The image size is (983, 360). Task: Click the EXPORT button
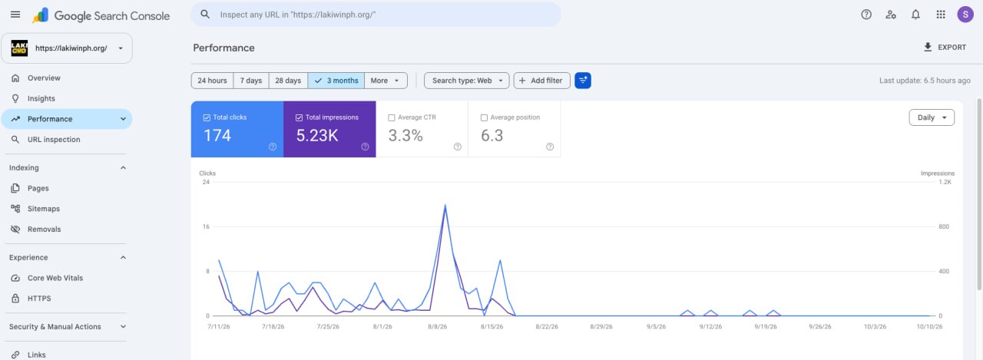point(945,48)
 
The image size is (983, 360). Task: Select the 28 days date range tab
point(288,81)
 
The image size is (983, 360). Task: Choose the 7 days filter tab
point(250,81)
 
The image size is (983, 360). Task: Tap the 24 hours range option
point(212,81)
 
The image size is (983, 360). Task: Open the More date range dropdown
point(385,81)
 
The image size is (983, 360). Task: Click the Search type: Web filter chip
point(466,81)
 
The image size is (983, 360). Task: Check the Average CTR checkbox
point(392,117)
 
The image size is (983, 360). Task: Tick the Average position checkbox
point(484,117)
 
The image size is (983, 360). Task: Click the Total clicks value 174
point(217,136)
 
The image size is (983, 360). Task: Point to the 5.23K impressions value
point(317,136)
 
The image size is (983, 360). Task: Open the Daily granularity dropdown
point(932,117)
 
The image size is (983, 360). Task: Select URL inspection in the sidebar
point(54,140)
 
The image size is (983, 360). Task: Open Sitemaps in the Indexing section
point(44,209)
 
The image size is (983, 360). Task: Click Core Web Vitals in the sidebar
point(55,278)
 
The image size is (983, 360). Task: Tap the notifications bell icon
point(915,15)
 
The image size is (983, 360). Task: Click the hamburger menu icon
point(15,15)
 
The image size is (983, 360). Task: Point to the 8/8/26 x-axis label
point(437,327)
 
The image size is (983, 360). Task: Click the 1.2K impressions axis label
point(945,182)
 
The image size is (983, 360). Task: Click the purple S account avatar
point(965,15)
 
